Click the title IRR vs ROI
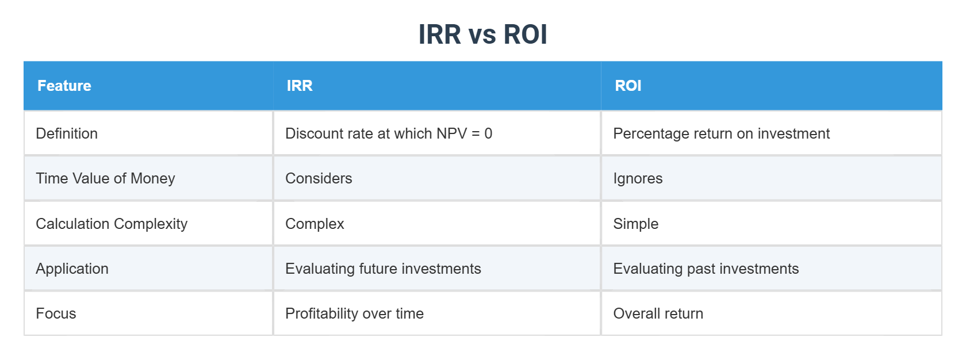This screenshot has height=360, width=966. click(482, 35)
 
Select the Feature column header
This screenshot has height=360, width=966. click(64, 86)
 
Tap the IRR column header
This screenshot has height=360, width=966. click(300, 86)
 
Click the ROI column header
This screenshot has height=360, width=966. click(628, 86)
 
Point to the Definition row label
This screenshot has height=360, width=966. click(67, 133)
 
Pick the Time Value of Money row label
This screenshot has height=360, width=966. click(105, 178)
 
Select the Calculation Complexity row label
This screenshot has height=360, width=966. click(112, 224)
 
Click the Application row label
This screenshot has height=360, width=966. click(72, 269)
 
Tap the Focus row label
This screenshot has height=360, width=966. click(56, 313)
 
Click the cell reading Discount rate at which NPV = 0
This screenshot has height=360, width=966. click(389, 133)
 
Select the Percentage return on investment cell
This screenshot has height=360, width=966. click(721, 133)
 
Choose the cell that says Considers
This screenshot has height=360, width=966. click(319, 178)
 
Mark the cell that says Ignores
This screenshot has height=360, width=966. click(638, 178)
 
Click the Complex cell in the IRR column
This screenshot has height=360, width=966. click(315, 224)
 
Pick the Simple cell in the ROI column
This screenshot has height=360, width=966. click(635, 224)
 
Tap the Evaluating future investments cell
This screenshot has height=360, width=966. click(383, 269)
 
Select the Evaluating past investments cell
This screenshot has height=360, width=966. click(706, 269)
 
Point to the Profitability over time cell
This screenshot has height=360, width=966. click(354, 313)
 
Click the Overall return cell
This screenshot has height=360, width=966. click(658, 313)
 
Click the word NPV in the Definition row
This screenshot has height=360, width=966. click(451, 133)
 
